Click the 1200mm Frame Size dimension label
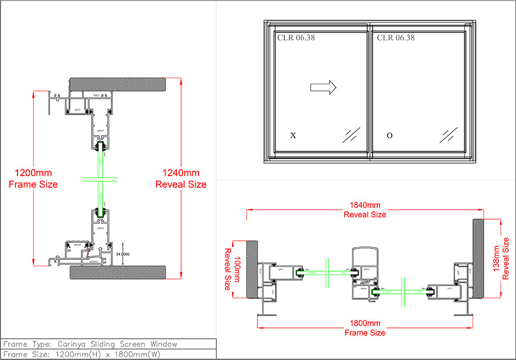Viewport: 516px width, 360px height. coord(33,178)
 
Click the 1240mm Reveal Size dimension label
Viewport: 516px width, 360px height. coord(181,178)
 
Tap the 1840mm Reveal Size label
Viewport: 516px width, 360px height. coord(365,210)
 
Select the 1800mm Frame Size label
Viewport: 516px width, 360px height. coord(365,328)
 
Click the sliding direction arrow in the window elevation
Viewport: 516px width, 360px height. coord(323,87)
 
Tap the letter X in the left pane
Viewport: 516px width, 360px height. coord(293,136)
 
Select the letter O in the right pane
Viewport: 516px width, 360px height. coord(390,136)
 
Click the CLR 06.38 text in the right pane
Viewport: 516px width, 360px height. coord(395,38)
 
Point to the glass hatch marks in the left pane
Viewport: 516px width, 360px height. coord(351,135)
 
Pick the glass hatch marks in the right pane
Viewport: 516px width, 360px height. coord(449,135)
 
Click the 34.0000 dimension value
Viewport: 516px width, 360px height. coord(123,254)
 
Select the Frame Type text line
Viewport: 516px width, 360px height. coord(90,344)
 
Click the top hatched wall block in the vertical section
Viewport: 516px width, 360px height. coord(118,84)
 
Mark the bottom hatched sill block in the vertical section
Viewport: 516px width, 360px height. coord(118,272)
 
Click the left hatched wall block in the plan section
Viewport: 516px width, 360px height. coord(251,269)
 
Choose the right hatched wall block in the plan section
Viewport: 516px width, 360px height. coord(478,258)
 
